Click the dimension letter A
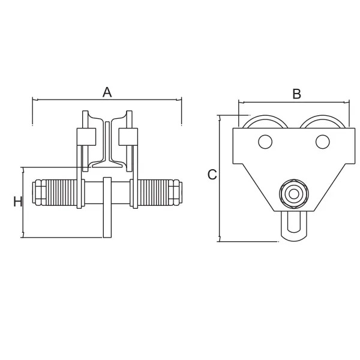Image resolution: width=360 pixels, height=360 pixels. click(x=107, y=92)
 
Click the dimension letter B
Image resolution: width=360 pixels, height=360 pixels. click(x=296, y=94)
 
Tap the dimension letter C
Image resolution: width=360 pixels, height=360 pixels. click(x=212, y=175)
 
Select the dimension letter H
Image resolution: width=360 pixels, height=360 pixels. click(x=17, y=202)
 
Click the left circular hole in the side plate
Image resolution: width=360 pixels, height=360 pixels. click(x=265, y=142)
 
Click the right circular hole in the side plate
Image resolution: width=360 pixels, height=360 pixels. click(x=323, y=142)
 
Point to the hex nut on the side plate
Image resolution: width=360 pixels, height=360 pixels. click(x=293, y=194)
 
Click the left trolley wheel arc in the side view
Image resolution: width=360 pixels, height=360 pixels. click(x=265, y=116)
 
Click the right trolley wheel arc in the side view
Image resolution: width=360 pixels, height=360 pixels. click(x=323, y=116)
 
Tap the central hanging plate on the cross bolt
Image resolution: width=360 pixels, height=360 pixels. click(x=107, y=208)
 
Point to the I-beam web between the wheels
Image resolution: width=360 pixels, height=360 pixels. click(x=107, y=142)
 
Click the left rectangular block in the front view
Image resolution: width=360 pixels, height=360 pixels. click(x=86, y=137)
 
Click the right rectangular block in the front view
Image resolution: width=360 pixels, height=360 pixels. click(x=128, y=137)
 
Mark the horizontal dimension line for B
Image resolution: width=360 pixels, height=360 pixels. click(x=294, y=102)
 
